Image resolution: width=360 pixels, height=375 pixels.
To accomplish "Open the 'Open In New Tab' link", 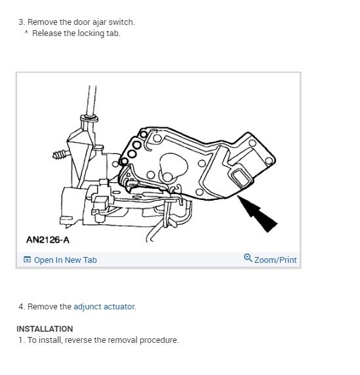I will [x=64, y=260].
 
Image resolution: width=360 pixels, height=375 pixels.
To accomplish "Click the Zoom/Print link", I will [x=275, y=260].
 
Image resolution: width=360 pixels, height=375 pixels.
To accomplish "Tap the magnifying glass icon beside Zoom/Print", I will [x=248, y=259].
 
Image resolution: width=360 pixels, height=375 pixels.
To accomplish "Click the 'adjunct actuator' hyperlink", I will [x=104, y=306].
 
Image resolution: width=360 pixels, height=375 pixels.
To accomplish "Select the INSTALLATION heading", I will [x=45, y=329].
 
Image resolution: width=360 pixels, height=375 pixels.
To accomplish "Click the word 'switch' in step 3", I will [x=120, y=22].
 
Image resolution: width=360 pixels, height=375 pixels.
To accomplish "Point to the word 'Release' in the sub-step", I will [x=47, y=33].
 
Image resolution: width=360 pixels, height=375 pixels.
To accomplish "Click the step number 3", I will [x=21, y=22].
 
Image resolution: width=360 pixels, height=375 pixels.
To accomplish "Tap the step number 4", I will [x=21, y=306].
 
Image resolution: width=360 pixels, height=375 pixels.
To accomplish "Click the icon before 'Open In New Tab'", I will [x=27, y=260].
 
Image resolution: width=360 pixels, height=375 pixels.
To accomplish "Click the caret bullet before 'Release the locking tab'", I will [x=26, y=33].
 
